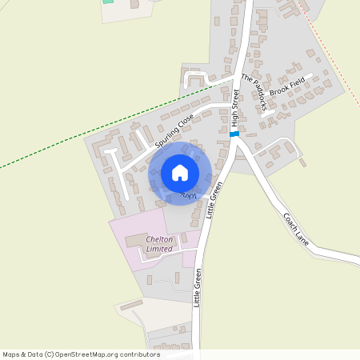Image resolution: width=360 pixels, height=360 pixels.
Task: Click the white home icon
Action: [180, 173]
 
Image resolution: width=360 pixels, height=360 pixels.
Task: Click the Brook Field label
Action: [286, 87]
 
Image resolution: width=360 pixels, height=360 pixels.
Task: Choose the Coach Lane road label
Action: [295, 227]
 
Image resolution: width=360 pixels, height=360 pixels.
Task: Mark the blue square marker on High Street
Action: [234, 134]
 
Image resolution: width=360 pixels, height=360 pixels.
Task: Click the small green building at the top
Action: [108, 2]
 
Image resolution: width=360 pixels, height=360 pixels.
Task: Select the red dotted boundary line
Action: [328, 48]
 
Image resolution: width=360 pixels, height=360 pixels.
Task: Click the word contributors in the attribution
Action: [138, 354]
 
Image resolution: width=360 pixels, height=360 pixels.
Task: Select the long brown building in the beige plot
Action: [131, 305]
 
